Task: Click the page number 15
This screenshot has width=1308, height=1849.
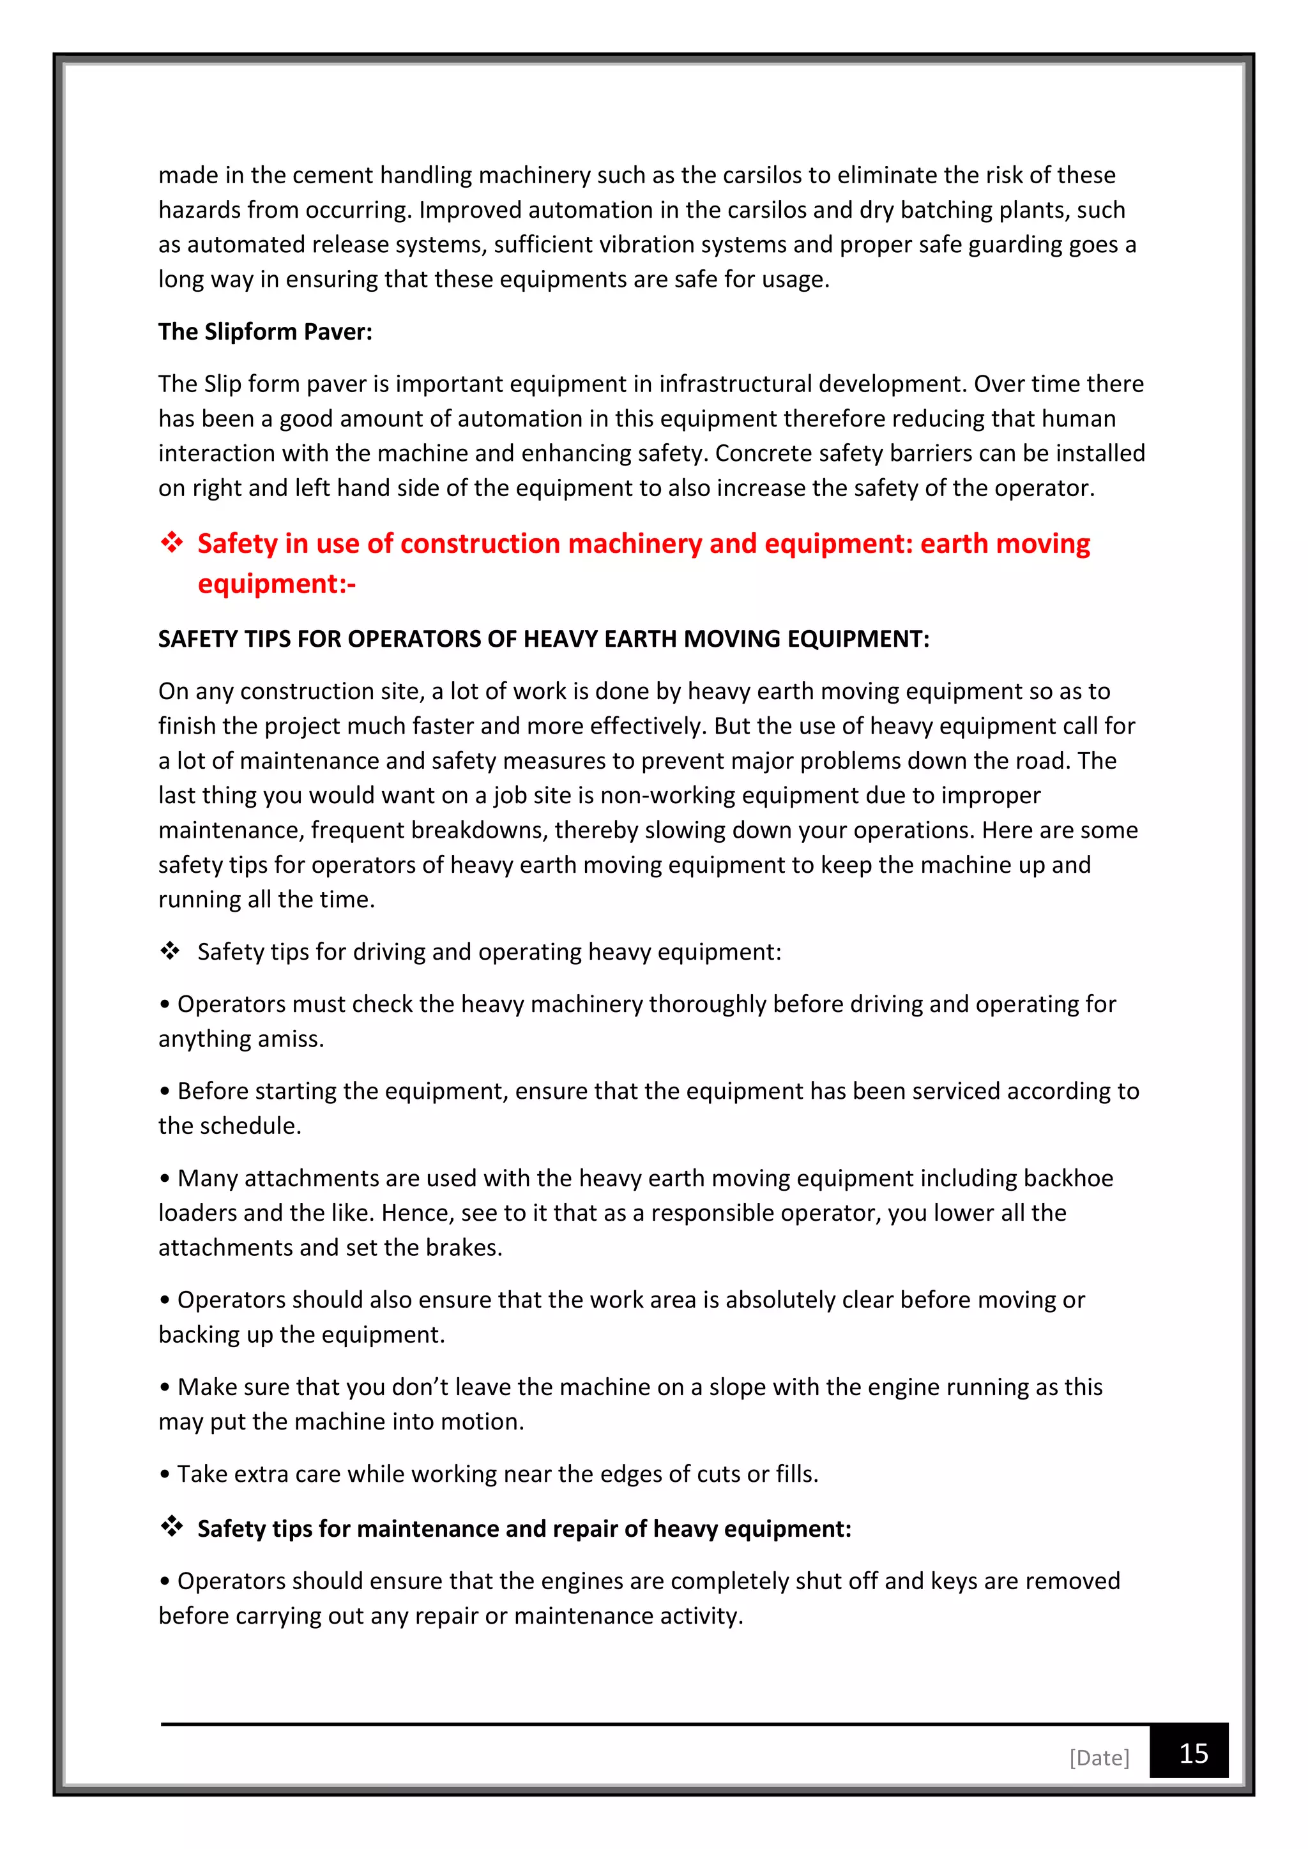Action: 1193,1753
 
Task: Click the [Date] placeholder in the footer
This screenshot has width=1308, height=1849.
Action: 1099,1757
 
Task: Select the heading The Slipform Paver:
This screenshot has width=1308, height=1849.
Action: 265,332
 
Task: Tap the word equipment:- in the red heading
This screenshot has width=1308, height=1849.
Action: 277,583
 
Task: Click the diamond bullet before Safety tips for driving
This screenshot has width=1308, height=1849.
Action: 170,951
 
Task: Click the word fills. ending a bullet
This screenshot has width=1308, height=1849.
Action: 796,1474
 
